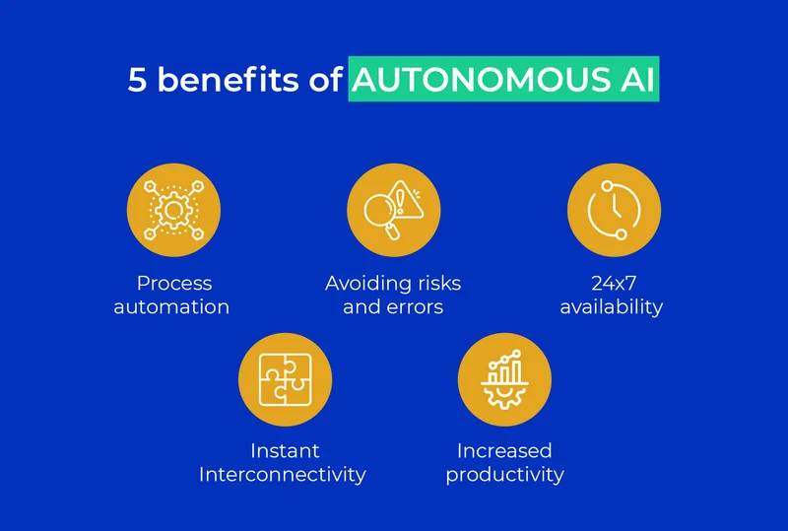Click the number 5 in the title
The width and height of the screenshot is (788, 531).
pyautogui.click(x=138, y=81)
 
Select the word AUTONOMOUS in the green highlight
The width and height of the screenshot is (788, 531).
pyautogui.click(x=473, y=81)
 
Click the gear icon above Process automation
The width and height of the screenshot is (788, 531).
pyautogui.click(x=173, y=209)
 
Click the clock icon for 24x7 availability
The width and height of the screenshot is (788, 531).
pyautogui.click(x=614, y=209)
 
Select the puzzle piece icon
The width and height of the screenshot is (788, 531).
pyautogui.click(x=285, y=379)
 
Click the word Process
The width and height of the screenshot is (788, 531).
pyautogui.click(x=174, y=284)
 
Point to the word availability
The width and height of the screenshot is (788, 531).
pyautogui.click(x=612, y=307)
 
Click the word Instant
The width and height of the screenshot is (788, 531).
pyautogui.click(x=285, y=451)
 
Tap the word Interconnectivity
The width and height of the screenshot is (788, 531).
pyautogui.click(x=283, y=475)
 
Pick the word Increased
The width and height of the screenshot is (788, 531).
pyautogui.click(x=504, y=451)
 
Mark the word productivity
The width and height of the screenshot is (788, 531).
pyautogui.click(x=504, y=475)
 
